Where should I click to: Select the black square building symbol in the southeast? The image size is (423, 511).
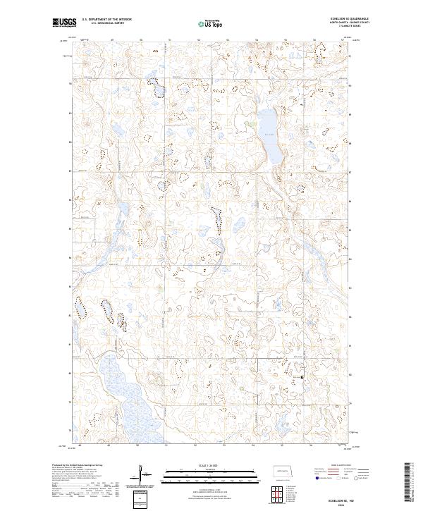tap(302, 378)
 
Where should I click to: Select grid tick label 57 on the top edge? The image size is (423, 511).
tap(341, 40)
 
